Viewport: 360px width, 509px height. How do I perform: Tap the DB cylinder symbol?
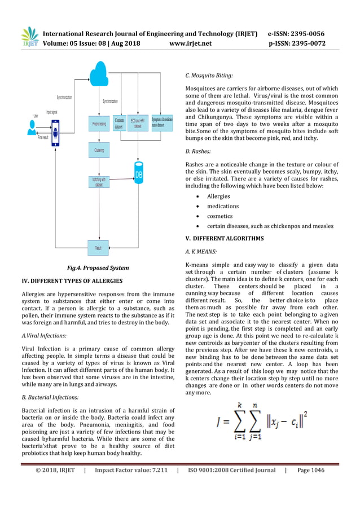(138, 173)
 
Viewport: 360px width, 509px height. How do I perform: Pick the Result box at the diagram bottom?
(98, 247)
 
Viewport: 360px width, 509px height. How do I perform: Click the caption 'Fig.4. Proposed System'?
(98, 267)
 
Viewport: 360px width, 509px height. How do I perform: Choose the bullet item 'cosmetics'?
(219, 216)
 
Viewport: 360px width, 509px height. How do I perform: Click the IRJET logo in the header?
(29, 37)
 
